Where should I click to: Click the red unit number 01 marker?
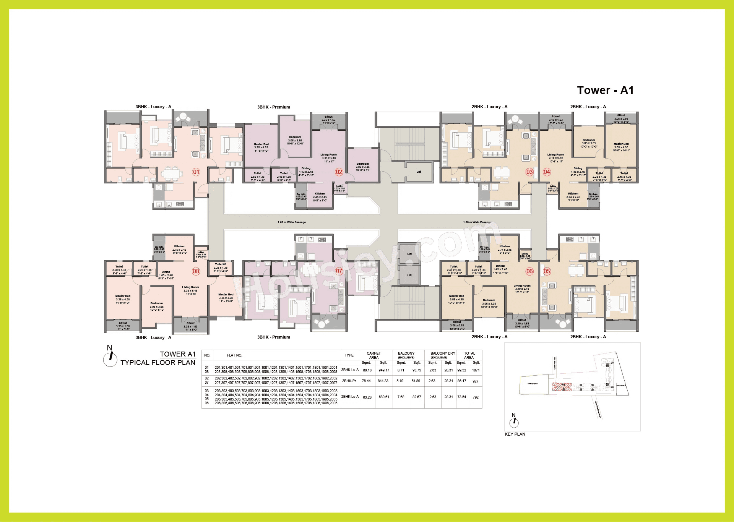coord(196,172)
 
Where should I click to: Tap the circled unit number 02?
coord(339,172)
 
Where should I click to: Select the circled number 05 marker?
coord(547,271)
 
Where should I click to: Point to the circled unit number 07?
coord(339,271)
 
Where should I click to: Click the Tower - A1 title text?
coord(605,90)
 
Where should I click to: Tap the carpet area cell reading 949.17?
coord(383,370)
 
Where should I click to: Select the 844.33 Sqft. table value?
coord(383,381)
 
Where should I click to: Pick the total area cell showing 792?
coord(476,397)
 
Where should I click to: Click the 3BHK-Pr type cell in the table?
coord(349,381)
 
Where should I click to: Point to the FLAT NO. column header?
coord(234,355)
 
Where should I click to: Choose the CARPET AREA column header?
coord(373,355)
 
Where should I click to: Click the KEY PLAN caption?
coord(515,434)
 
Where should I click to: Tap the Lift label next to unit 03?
coord(419,172)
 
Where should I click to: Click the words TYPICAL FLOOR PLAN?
coord(158,363)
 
